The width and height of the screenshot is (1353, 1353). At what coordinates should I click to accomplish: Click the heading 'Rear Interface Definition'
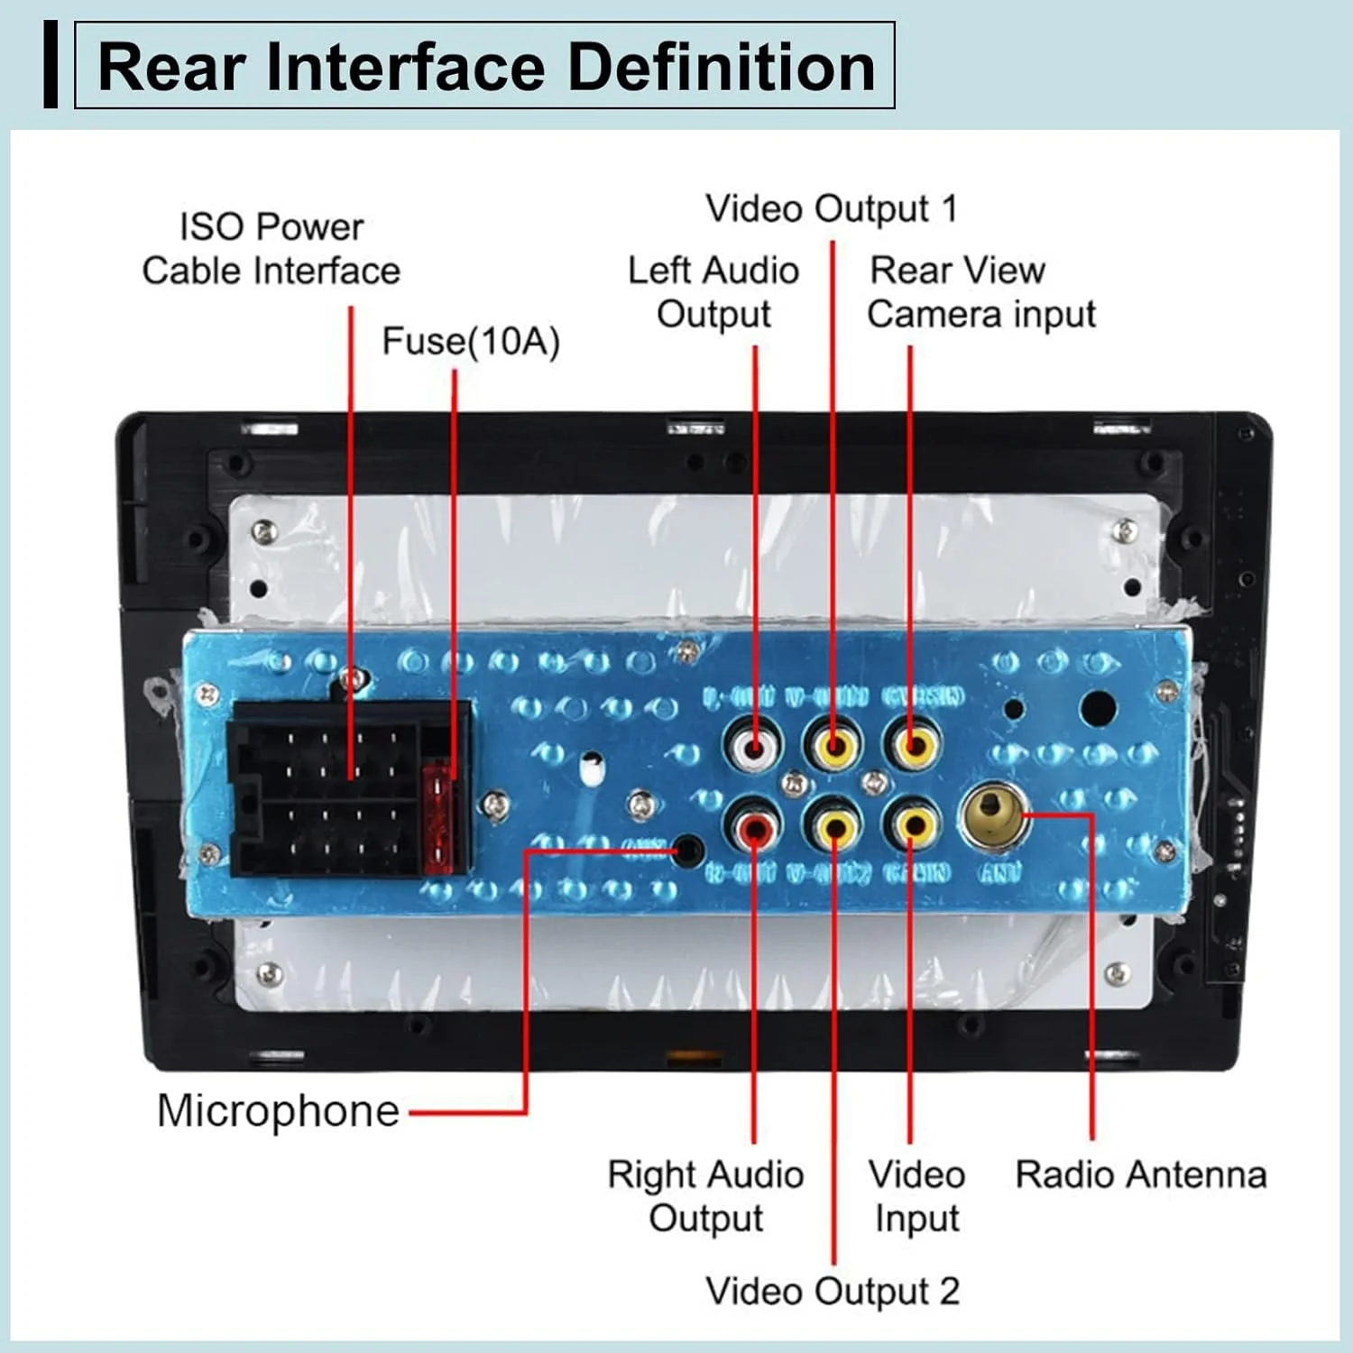click(485, 68)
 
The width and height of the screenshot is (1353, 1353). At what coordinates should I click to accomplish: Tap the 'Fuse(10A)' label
click(471, 342)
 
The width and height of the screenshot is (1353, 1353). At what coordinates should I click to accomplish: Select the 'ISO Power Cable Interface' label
click(271, 249)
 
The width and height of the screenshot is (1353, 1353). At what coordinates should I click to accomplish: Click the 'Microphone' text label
click(278, 1110)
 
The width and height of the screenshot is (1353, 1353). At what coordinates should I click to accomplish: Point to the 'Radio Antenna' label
click(1140, 1174)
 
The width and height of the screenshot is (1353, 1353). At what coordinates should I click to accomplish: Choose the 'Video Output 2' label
click(832, 1291)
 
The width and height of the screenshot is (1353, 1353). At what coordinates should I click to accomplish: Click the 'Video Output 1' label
click(831, 208)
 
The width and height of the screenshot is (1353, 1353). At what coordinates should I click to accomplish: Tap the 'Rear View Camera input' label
click(980, 292)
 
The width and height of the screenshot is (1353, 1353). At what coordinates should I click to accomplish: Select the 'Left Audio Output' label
click(713, 292)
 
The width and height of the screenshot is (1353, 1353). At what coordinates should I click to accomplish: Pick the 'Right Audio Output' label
click(705, 1196)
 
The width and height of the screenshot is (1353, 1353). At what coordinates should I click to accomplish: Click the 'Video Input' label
click(916, 1196)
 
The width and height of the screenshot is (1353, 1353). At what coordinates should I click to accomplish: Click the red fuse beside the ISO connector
click(438, 816)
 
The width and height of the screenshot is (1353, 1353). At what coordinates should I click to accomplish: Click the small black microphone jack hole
click(689, 850)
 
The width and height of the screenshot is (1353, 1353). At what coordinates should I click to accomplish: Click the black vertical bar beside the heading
click(51, 66)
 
